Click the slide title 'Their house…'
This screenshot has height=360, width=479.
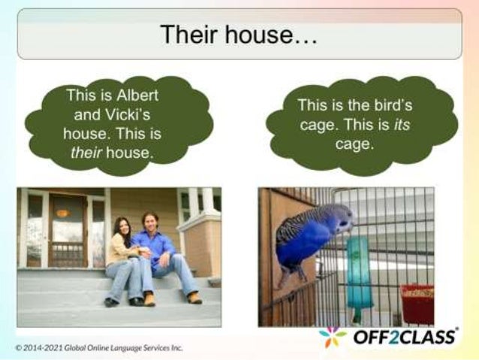click(x=239, y=34)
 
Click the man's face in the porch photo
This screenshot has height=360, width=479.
click(x=149, y=222)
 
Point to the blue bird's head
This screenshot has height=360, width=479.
click(x=339, y=219)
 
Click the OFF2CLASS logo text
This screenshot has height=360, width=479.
click(x=405, y=337)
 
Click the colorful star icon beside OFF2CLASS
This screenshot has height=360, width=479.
click(x=333, y=337)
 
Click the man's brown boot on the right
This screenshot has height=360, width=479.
click(x=194, y=298)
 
